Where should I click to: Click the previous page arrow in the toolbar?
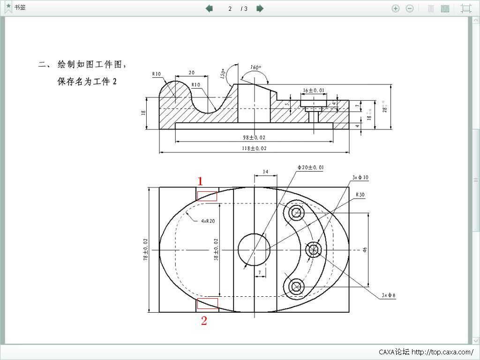click(210, 8)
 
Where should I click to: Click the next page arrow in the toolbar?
click(260, 8)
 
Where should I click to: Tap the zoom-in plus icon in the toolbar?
click(396, 8)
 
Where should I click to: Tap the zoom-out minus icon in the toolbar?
click(410, 8)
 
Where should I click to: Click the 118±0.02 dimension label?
click(254, 148)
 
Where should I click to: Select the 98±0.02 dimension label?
click(254, 137)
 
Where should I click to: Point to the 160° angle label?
click(255, 67)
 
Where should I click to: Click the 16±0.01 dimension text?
click(313, 90)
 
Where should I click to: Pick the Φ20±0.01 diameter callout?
click(310, 167)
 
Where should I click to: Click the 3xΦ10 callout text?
click(360, 177)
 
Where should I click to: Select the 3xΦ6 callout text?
click(388, 295)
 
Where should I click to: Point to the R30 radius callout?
click(360, 194)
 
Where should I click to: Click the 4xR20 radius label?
click(208, 220)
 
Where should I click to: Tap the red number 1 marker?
click(200, 181)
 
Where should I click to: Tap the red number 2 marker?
click(204, 321)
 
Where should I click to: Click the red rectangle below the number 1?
click(207, 196)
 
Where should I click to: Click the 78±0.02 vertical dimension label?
click(145, 249)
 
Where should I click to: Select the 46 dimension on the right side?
click(365, 249)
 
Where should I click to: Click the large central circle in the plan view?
click(254, 249)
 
